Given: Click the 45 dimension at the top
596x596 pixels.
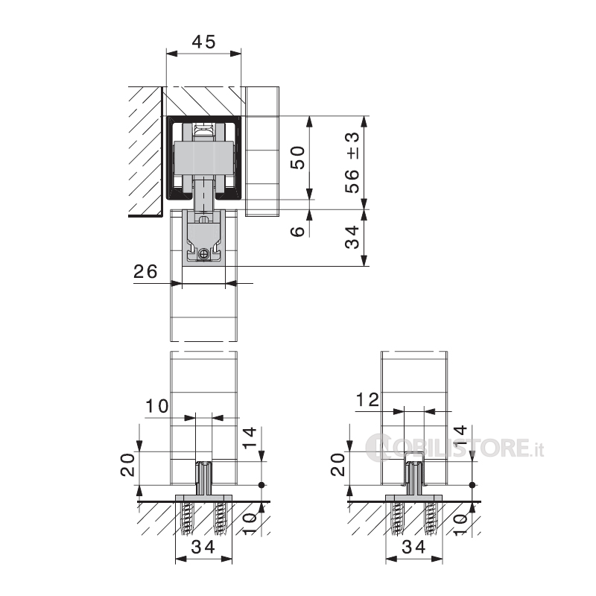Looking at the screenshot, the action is coord(203,42).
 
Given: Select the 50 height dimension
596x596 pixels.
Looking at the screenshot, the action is coord(297,157).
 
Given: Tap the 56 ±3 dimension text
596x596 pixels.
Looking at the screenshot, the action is coord(352,162).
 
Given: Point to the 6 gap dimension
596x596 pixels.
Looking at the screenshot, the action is coord(297,231).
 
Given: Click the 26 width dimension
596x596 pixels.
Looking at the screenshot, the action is coord(145,271).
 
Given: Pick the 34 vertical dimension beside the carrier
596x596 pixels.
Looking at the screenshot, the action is coord(352,237).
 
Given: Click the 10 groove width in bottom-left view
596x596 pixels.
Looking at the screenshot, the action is coord(157,406).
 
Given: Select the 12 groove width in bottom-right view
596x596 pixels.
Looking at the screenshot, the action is coord(367,400).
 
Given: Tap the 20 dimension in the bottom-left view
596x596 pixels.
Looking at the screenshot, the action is coord(128,464).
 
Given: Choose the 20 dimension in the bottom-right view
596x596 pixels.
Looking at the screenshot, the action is coord(338,464).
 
